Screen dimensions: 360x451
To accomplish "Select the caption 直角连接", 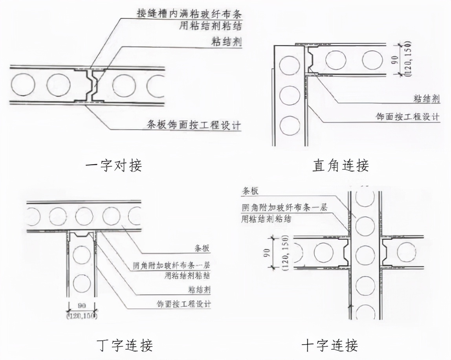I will tap(340, 165).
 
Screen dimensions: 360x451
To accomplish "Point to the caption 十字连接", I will tap(330, 345).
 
